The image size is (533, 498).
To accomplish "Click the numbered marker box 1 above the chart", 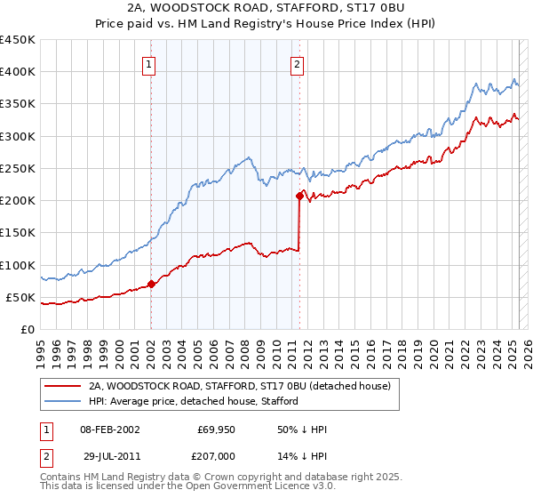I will pos(149,64).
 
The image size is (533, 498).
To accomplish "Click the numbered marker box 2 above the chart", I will pos(297,64).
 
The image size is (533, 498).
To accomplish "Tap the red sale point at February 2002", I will pos(151,285).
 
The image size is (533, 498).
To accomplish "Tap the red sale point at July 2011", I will pos(299,197).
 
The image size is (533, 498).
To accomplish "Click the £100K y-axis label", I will pos(20,265).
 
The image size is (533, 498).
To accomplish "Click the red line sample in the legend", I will pos(61,386).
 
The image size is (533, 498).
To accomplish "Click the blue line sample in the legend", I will pos(61,401).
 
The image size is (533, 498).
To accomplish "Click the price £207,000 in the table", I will pos(217,455).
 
